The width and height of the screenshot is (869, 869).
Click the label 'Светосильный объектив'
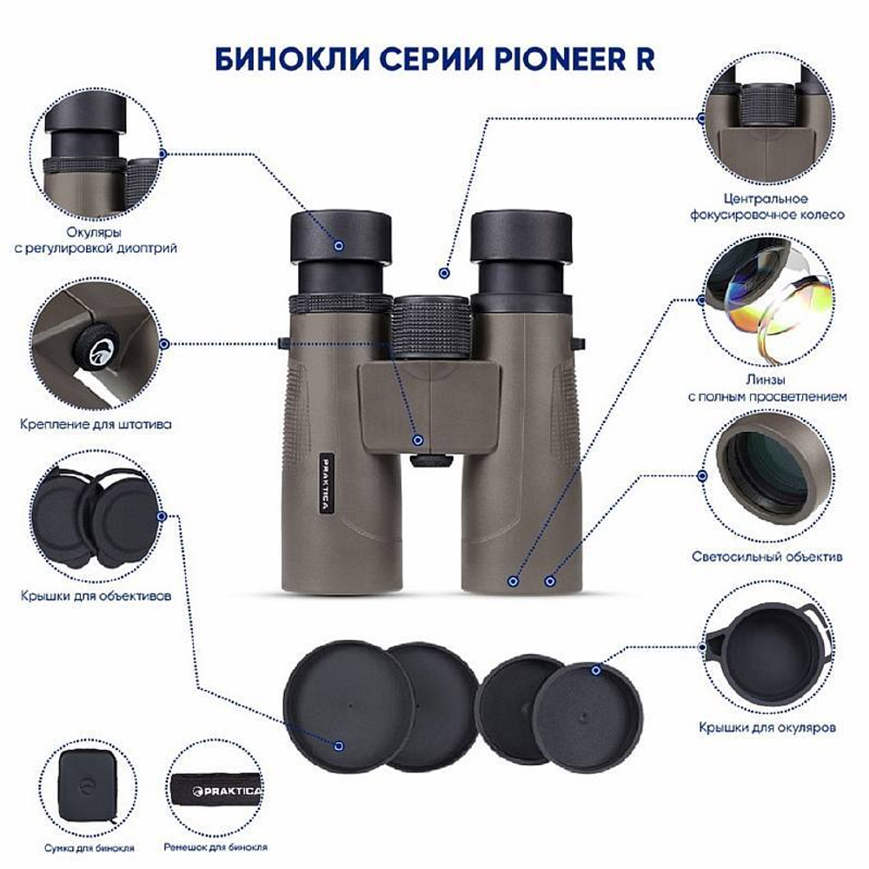pyautogui.click(x=766, y=556)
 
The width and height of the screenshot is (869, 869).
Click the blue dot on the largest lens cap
pyautogui.click(x=340, y=745)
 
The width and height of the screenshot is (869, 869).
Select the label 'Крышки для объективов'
pyautogui.click(x=102, y=597)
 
